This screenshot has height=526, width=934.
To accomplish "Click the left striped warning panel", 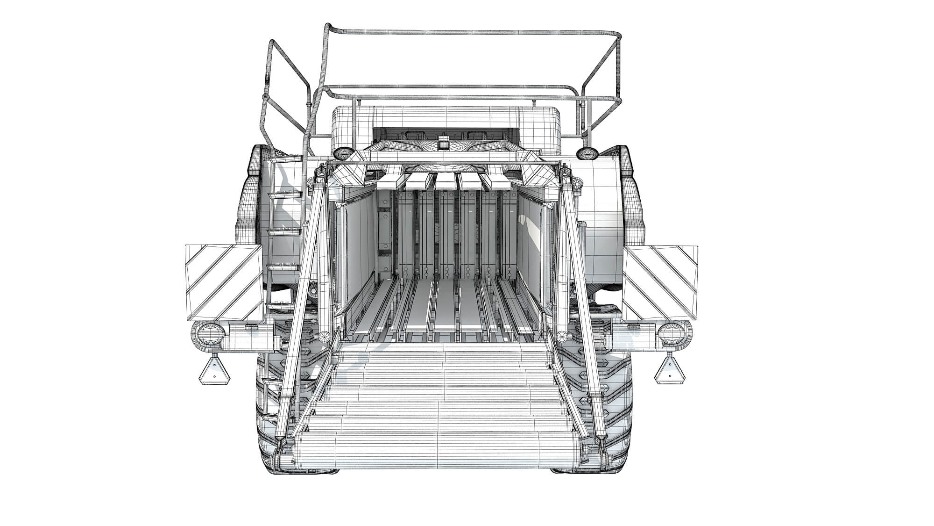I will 224,282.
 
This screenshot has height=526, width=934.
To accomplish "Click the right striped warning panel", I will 660,282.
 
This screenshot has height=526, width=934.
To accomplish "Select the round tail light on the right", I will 672,334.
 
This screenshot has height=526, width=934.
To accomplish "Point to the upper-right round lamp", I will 587,153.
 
